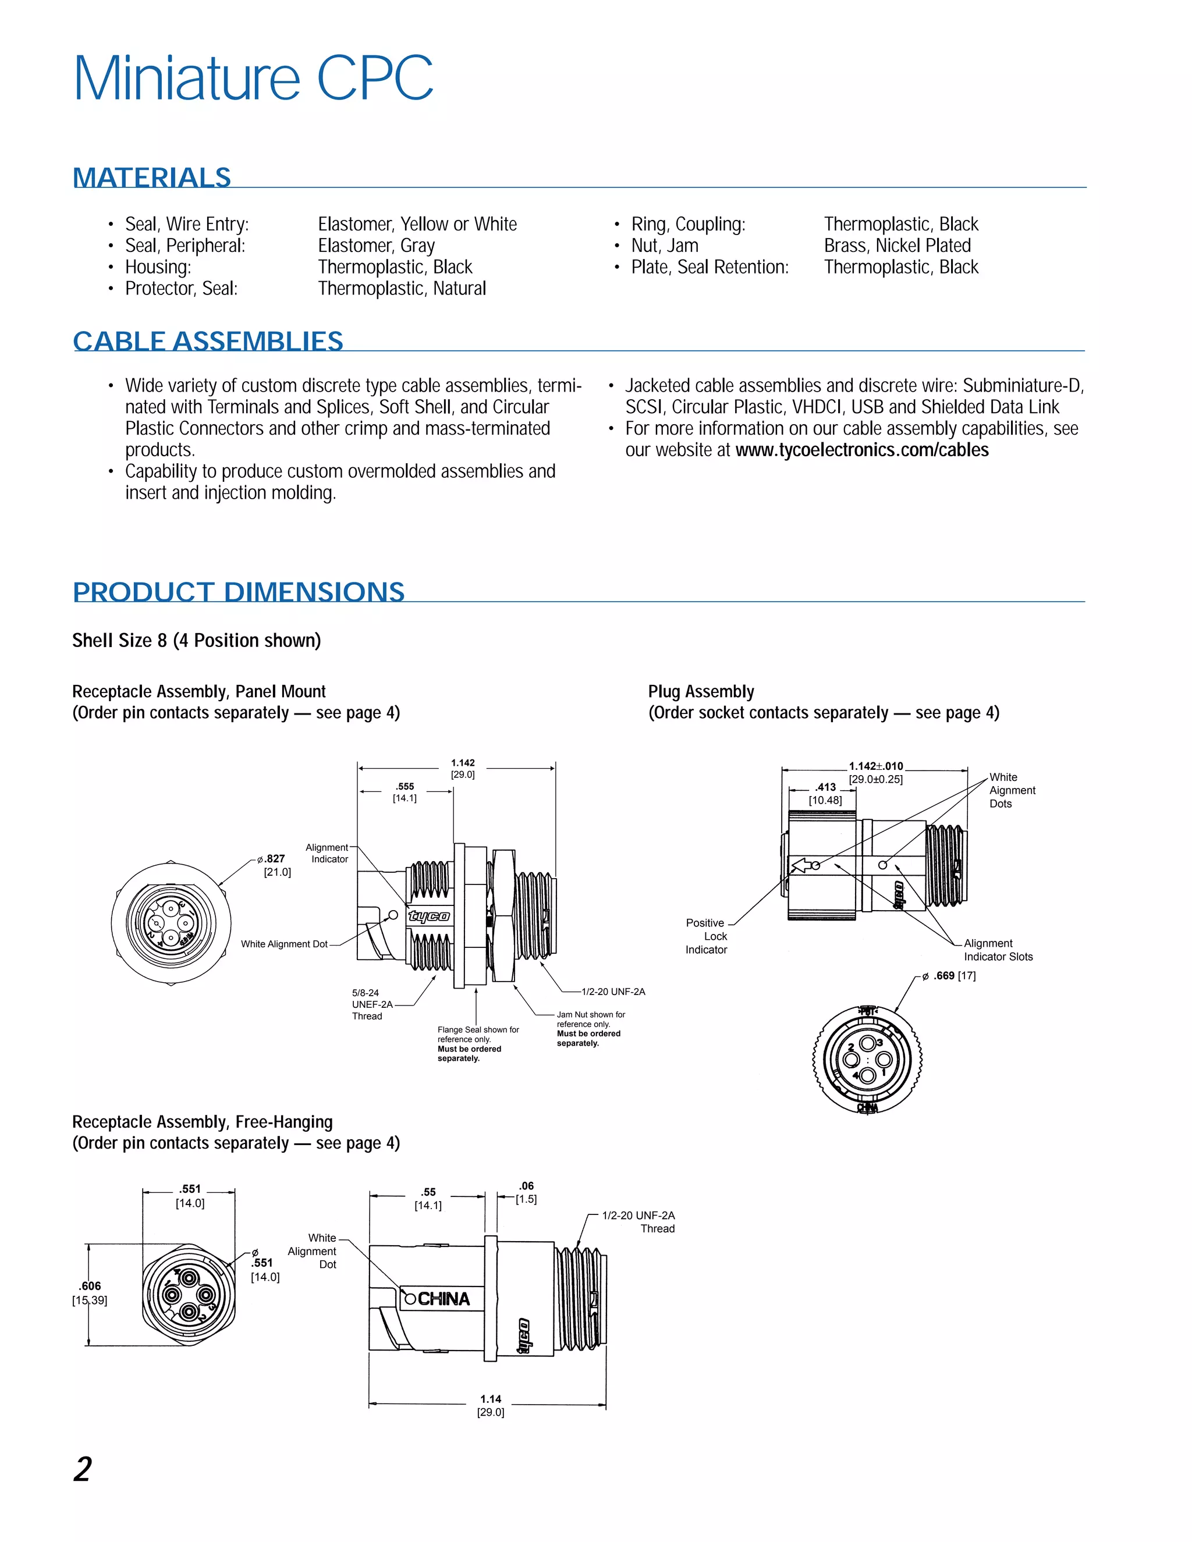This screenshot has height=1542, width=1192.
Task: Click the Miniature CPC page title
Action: tap(253, 79)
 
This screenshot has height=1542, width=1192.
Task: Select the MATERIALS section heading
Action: tap(152, 177)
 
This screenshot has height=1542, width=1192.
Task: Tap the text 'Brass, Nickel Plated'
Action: tap(897, 246)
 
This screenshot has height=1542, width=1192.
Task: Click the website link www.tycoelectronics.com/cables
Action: tap(861, 450)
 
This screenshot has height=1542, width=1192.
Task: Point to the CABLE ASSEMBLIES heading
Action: tap(208, 341)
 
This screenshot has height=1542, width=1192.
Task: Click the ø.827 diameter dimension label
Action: tap(274, 865)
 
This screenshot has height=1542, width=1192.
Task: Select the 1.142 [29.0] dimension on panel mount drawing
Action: tap(463, 768)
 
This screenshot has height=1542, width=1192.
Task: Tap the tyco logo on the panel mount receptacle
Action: tap(428, 916)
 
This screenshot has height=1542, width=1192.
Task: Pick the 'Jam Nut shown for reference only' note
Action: tap(590, 1029)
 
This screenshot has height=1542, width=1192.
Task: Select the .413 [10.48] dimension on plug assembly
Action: tap(825, 794)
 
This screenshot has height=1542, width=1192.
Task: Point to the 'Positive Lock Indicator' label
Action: tap(705, 936)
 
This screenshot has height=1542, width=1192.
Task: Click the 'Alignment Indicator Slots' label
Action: tap(998, 950)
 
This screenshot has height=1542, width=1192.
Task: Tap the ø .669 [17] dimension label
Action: tap(953, 976)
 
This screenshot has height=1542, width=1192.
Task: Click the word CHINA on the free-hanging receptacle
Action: tap(444, 1299)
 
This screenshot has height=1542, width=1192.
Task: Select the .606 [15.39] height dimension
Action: tap(90, 1293)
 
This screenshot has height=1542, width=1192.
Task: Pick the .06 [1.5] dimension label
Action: tap(526, 1192)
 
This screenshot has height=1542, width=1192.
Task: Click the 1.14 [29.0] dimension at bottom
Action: tap(490, 1405)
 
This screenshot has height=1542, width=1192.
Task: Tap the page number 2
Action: tap(83, 1469)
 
